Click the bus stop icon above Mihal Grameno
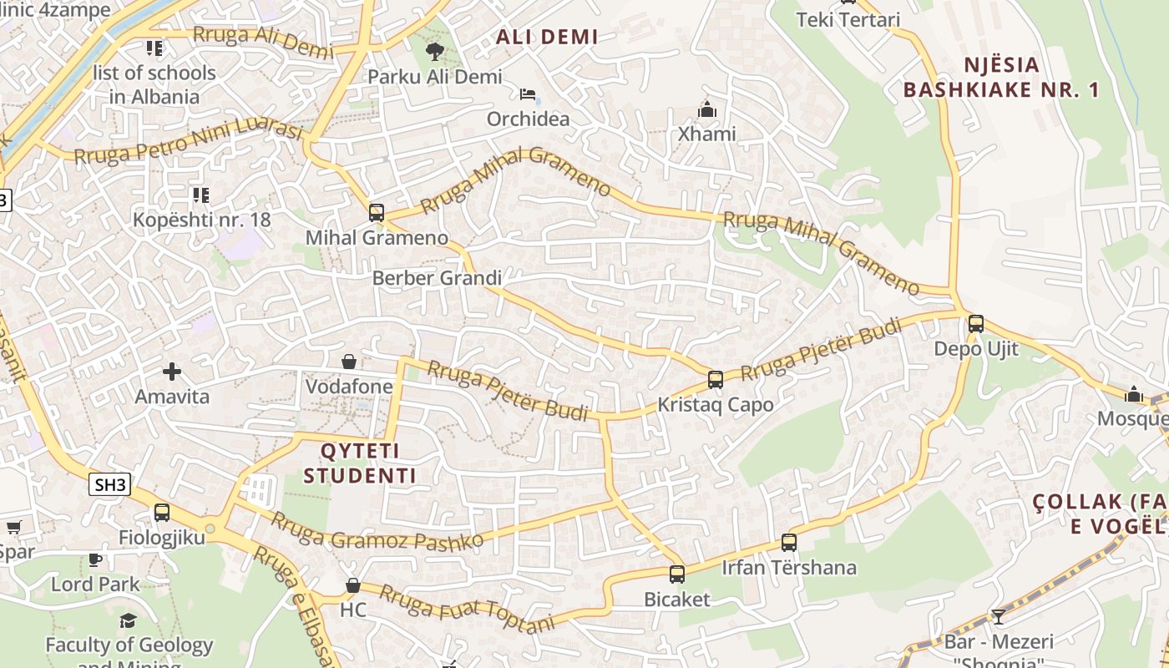[x=377, y=212]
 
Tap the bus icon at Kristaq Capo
[x=715, y=379]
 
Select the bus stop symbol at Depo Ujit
[x=975, y=323]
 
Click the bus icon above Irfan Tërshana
[x=788, y=542]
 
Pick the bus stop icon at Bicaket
[x=676, y=574]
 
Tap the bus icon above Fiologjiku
[x=161, y=512]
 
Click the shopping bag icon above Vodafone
[x=349, y=362]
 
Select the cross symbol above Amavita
[x=172, y=371]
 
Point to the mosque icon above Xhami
[x=707, y=109]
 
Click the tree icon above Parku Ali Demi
[x=434, y=52]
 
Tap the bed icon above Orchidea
[x=528, y=94]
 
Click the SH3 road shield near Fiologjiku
[x=111, y=483]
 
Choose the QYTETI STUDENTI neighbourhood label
[x=359, y=463]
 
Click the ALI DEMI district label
[x=547, y=37]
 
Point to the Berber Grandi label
[x=437, y=278]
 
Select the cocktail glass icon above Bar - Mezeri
[x=998, y=617]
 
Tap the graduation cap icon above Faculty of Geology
[x=128, y=620]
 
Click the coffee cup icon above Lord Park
[x=95, y=559]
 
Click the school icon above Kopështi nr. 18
[x=200, y=195]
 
